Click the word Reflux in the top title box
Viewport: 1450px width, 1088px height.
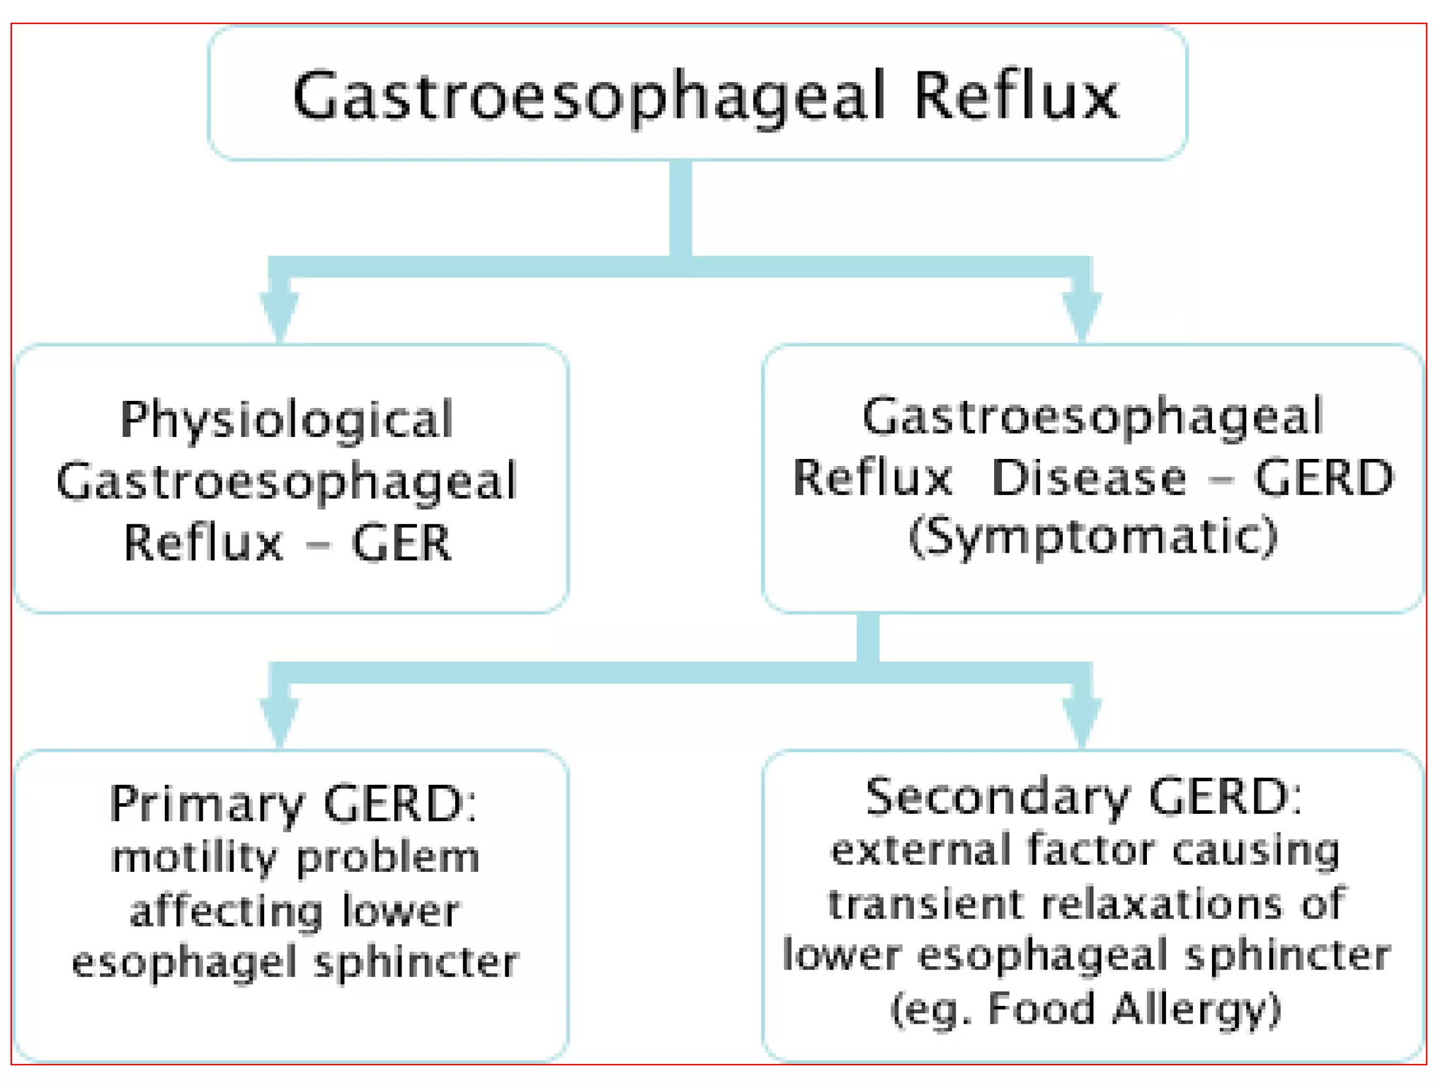click(x=1016, y=96)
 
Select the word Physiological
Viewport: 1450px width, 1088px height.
click(x=287, y=419)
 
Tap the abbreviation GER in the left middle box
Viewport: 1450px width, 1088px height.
click(x=401, y=543)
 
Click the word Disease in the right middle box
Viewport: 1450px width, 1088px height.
click(x=1089, y=477)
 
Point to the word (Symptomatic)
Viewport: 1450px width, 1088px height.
click(x=1093, y=536)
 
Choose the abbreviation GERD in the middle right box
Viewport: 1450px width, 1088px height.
click(x=1324, y=477)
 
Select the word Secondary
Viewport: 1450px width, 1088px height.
click(x=997, y=797)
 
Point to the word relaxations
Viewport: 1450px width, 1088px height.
click(x=1162, y=905)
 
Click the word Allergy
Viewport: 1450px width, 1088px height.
click(x=1197, y=1009)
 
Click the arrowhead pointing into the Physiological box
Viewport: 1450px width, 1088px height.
click(x=280, y=315)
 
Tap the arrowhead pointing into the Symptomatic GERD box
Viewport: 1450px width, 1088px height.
click(x=1081, y=315)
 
